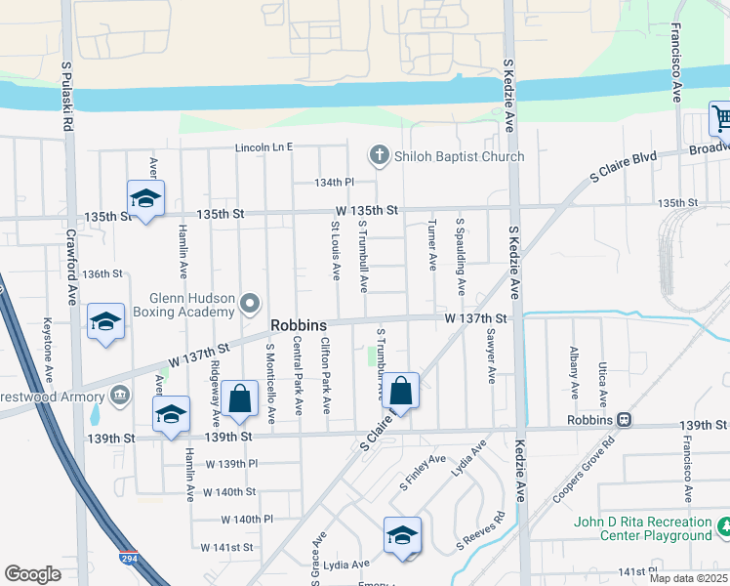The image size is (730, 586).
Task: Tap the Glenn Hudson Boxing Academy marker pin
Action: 251,302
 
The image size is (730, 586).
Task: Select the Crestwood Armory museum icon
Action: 119,395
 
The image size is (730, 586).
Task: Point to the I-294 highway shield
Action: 129,560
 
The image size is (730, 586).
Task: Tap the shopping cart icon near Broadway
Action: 721,119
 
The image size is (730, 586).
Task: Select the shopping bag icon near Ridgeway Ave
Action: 239,398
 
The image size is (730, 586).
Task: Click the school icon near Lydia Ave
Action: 402,535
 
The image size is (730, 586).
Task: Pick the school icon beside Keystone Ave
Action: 105,321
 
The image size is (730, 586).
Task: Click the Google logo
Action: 33,574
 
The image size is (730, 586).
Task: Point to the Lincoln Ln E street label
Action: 264,147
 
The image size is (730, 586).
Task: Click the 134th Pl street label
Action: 333,183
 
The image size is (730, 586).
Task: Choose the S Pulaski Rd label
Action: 68,97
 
